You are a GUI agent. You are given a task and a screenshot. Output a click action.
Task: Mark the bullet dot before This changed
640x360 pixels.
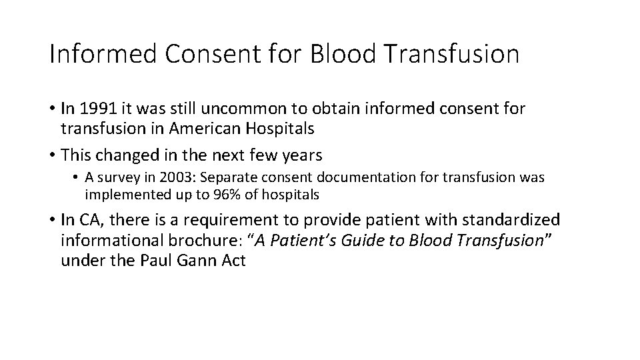pos(52,155)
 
